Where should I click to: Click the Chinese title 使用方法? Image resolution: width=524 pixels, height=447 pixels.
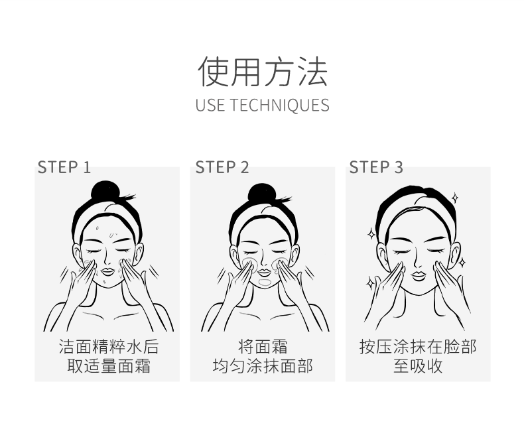coord(263,72)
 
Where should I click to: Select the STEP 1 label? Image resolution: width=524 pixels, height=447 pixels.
coord(64,167)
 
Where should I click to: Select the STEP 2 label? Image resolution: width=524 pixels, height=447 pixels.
coord(222,167)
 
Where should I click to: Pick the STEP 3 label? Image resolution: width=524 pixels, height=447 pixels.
coord(376,167)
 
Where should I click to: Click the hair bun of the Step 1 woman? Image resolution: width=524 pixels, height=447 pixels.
coord(105,191)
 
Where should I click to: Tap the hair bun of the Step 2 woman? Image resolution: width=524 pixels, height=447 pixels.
coord(262,193)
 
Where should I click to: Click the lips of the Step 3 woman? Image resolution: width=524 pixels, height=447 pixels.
coord(418,276)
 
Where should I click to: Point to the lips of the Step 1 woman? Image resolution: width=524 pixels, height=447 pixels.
coord(107,271)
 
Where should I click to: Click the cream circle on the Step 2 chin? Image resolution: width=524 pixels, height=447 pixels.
coord(265,283)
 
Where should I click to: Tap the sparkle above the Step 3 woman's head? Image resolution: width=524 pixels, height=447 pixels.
coord(455,198)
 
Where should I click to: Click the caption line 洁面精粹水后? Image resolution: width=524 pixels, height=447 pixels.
coord(109,346)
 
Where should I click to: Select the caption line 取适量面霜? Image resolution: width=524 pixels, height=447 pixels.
coord(109,366)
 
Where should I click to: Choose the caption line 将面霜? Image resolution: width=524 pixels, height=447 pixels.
coord(263,346)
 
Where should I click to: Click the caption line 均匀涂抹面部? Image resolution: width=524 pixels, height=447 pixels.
coord(263,366)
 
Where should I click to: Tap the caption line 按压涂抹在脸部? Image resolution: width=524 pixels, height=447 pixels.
coord(418,346)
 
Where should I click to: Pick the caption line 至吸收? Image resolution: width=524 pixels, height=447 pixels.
coord(418,366)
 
